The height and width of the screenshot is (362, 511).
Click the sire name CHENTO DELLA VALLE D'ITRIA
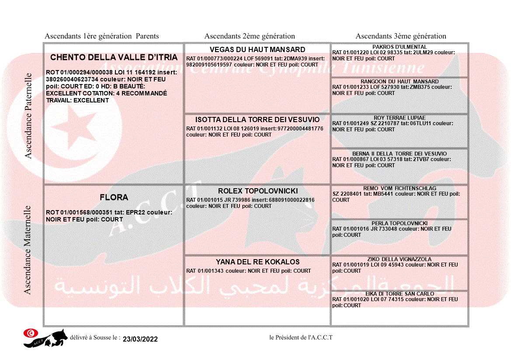(114, 57)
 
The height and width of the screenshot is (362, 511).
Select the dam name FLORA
(114, 197)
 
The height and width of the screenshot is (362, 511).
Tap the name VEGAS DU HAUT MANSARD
(257, 49)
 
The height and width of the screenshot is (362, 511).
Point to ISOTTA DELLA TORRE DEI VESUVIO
(257, 119)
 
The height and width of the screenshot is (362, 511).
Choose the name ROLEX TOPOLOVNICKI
(258, 191)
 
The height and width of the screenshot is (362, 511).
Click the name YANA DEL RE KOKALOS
(257, 262)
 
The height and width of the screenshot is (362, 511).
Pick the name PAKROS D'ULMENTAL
(400, 47)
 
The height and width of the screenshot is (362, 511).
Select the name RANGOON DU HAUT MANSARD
(400, 81)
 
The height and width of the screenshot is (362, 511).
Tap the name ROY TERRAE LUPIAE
(400, 118)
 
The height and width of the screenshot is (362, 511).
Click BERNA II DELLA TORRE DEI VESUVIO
(400, 154)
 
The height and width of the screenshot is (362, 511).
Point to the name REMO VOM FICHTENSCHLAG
(400, 188)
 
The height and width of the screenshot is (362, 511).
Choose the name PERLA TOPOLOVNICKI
(400, 223)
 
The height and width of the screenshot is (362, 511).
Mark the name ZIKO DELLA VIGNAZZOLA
(400, 259)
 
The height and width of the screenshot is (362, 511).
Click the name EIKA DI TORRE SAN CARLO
(400, 294)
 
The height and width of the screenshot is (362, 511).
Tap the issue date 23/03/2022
(140, 339)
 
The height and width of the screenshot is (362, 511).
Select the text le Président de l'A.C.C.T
(301, 337)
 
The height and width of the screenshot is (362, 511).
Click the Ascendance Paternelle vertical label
(29, 116)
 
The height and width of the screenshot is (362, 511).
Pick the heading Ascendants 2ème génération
(250, 36)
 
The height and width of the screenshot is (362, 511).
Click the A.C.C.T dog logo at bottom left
(45, 338)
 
